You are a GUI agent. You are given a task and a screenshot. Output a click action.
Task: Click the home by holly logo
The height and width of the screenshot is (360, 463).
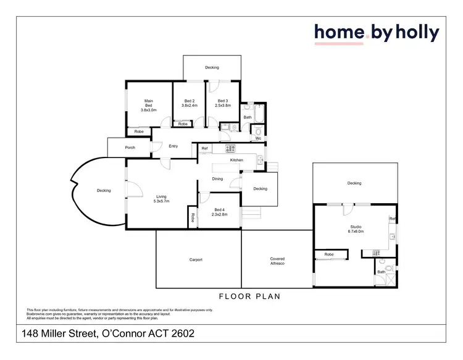click(377, 33)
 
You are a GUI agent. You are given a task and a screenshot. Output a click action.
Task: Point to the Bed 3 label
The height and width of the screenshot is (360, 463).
click(222, 103)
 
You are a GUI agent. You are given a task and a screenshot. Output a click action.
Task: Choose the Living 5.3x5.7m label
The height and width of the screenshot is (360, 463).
click(161, 198)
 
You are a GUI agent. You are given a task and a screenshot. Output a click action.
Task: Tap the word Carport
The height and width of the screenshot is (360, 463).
click(196, 260)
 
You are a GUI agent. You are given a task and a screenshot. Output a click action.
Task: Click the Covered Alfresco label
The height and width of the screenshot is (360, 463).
click(277, 261)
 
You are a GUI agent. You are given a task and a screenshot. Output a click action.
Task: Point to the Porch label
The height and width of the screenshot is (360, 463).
click(130, 148)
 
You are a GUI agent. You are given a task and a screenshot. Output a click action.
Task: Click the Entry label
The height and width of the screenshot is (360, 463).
click(173, 146)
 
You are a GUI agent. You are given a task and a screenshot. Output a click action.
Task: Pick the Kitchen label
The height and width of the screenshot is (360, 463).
click(236, 160)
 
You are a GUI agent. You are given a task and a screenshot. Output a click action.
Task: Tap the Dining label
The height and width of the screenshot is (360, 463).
click(217, 179)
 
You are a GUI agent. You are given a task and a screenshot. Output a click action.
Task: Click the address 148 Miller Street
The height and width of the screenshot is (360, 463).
click(109, 334)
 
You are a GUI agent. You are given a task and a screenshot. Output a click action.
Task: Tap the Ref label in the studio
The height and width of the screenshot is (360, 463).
click(392, 219)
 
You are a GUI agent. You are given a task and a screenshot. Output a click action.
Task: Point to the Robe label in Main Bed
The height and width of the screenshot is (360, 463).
click(139, 132)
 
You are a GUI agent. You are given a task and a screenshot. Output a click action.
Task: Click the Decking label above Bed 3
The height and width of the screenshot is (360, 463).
click(212, 68)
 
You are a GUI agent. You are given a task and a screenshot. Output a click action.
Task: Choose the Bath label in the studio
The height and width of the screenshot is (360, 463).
click(382, 271)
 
